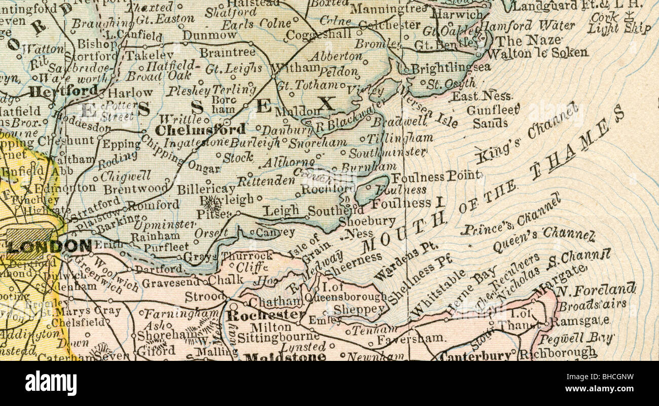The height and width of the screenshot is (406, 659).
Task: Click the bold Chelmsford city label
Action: [200, 130]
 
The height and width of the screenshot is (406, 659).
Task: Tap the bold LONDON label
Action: [49, 247]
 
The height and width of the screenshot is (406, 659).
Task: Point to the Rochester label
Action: [266, 315]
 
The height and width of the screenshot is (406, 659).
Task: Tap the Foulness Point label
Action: [435, 176]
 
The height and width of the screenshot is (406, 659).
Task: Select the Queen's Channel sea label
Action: [543, 240]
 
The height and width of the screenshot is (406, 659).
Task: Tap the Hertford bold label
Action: [63, 91]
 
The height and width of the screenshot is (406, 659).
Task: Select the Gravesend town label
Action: [171, 283]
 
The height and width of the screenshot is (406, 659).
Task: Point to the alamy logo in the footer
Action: [51, 383]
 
